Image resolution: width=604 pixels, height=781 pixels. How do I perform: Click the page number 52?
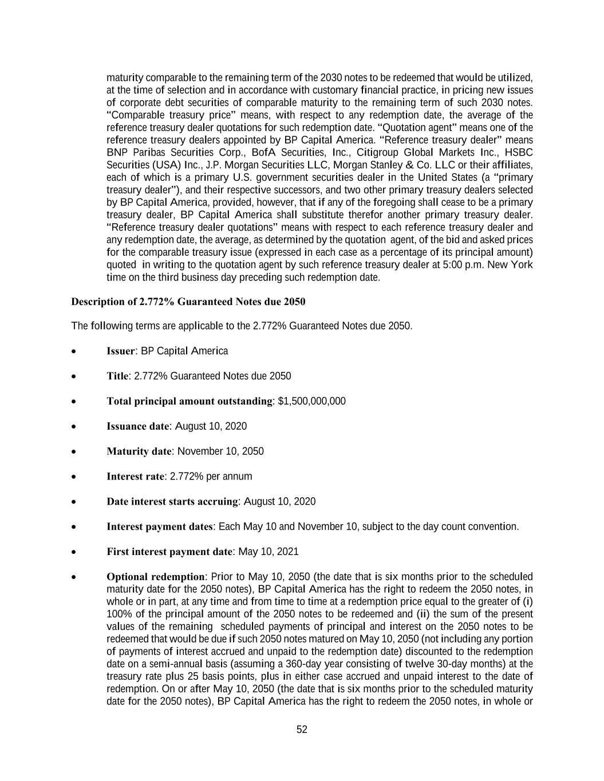click(302, 730)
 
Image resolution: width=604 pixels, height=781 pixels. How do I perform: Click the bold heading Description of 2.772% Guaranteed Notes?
click(188, 302)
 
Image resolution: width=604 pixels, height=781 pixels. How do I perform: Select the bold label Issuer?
click(120, 351)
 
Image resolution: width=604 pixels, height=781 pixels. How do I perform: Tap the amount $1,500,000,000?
click(311, 401)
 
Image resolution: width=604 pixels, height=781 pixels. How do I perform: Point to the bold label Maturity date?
click(139, 451)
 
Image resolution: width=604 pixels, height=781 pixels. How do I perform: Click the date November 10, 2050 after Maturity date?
click(220, 451)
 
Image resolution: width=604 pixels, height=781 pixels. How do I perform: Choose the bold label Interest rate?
click(135, 477)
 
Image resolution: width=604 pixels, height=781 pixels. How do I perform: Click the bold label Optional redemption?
click(155, 576)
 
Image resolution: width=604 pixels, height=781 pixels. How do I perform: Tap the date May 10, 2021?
click(268, 552)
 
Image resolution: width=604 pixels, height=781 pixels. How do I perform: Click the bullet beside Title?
click(74, 376)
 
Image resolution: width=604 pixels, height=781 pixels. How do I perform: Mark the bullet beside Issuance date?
click(74, 426)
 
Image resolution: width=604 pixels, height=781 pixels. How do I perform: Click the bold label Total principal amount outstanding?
click(189, 401)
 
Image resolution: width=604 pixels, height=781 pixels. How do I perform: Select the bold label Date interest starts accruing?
click(172, 502)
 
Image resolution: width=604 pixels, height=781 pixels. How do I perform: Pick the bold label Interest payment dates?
click(159, 526)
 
